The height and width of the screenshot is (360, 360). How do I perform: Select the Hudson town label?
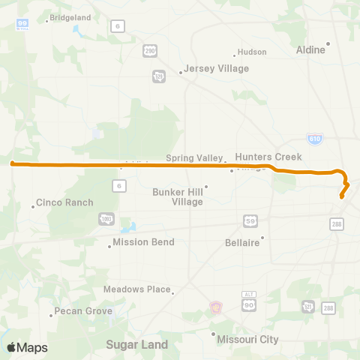[x=251, y=52]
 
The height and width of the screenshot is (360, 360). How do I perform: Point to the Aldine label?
[x=311, y=49]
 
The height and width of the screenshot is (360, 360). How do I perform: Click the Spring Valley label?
[x=194, y=158]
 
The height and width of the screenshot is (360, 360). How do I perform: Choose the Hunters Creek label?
[x=268, y=157]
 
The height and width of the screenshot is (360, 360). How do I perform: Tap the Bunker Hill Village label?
[x=177, y=196]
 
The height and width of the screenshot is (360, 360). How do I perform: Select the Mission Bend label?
[x=143, y=242]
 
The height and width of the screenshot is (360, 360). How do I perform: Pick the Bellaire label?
[x=242, y=242]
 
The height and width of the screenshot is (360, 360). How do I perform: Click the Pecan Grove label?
[x=82, y=311]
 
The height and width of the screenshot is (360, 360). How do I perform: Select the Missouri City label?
[x=247, y=339]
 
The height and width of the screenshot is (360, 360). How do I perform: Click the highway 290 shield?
[x=150, y=50]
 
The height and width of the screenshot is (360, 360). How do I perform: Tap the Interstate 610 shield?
[x=315, y=139]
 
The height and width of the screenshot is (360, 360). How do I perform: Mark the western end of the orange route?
[x=13, y=162]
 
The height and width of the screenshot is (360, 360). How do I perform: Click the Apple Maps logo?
[x=27, y=347]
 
